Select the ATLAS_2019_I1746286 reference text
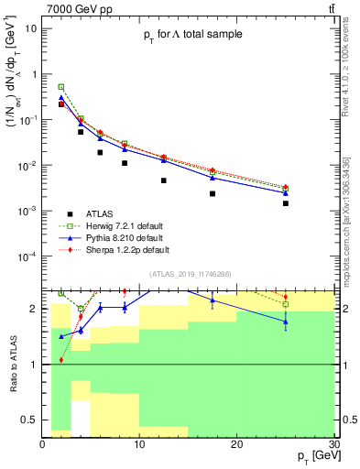click(190, 274)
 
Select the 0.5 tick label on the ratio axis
click(29, 420)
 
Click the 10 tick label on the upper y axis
click(31, 28)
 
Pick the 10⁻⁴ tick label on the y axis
click(29, 256)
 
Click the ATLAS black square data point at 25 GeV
click(286, 203)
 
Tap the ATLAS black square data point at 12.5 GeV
click(163, 180)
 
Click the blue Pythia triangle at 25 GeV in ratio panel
click(286, 322)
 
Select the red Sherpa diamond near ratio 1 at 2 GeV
click(61, 360)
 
